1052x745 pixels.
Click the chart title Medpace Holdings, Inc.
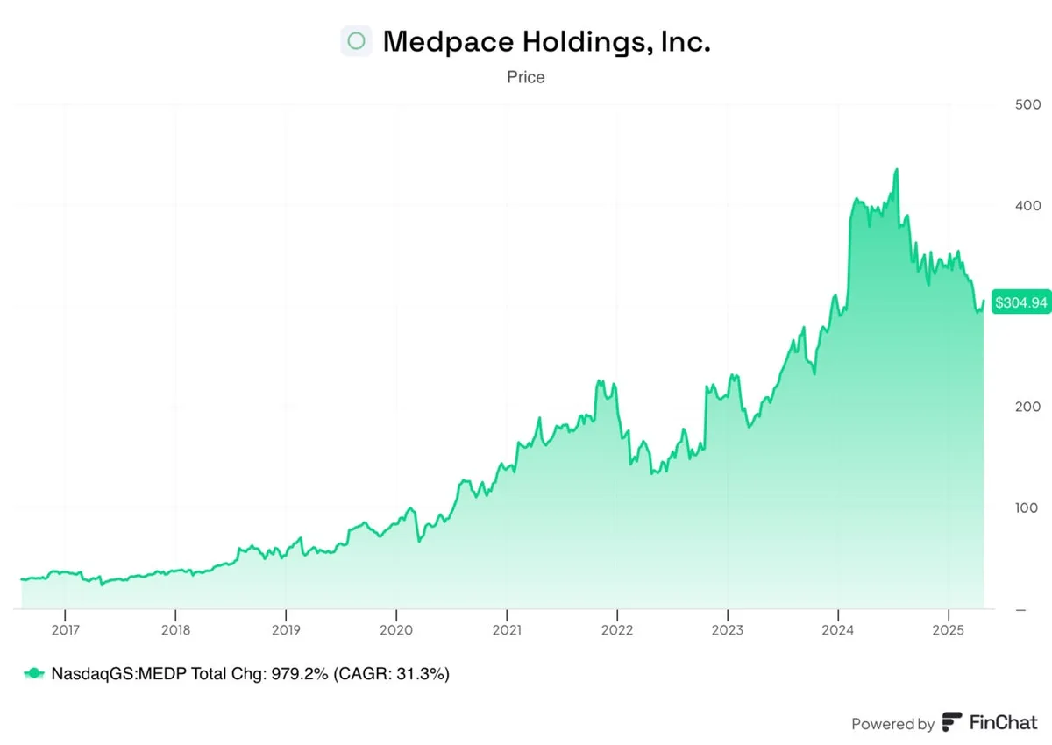click(x=546, y=41)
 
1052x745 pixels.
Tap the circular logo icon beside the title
click(x=356, y=41)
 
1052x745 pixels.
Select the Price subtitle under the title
click(x=525, y=77)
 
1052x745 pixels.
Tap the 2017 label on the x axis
click(x=65, y=630)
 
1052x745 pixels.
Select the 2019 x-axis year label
click(x=285, y=630)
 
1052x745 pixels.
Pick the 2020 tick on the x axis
click(x=395, y=630)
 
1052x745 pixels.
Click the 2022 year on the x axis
click(x=616, y=630)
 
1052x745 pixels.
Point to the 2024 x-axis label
click(x=837, y=630)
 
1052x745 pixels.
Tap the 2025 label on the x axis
click(x=948, y=630)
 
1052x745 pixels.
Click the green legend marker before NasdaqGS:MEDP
click(x=33, y=673)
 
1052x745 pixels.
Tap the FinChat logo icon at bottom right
click(x=952, y=723)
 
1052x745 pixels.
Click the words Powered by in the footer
click(x=892, y=724)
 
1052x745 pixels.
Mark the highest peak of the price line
click(x=896, y=170)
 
